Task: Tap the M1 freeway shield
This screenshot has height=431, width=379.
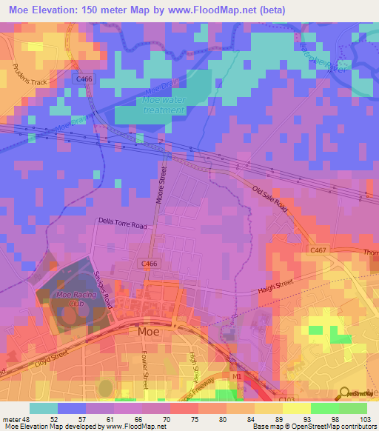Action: [237, 377]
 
